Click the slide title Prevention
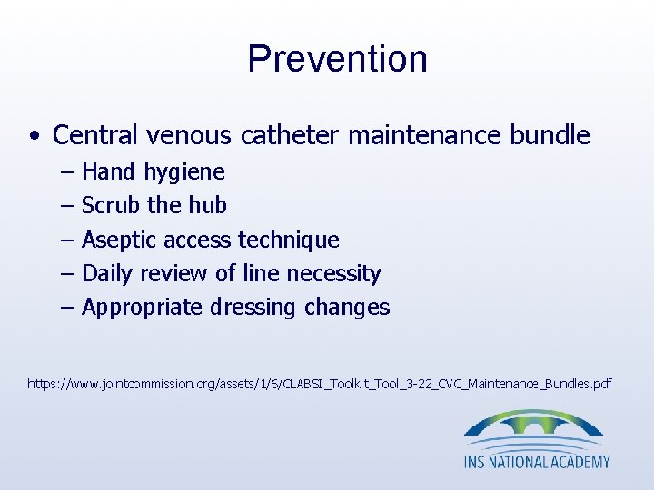click(337, 59)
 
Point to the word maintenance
click(423, 136)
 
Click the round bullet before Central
click(33, 138)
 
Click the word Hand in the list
click(107, 171)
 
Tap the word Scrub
click(111, 206)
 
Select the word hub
click(208, 206)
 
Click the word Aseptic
click(117, 240)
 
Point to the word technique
click(288, 240)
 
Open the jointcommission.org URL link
click(319, 385)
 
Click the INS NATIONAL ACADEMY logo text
click(537, 461)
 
